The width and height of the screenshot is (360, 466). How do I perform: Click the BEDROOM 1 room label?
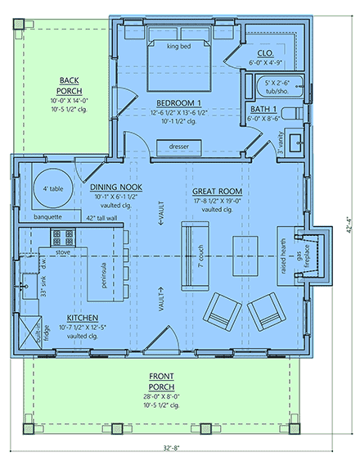[178, 102]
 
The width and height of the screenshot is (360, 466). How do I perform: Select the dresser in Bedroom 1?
[178, 146]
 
